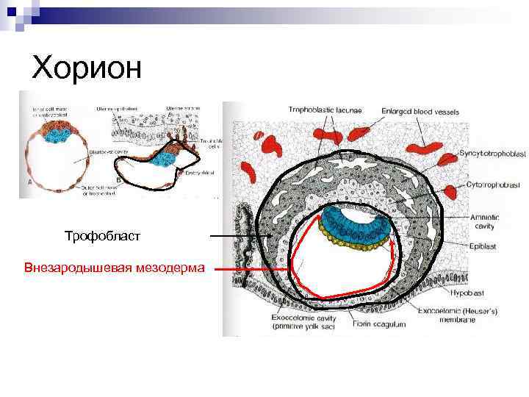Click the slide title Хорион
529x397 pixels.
87,68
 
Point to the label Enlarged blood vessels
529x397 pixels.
420,112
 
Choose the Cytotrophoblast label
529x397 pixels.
493,185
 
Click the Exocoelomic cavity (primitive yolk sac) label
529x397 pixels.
301,321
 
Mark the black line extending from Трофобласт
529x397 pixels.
235,236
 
